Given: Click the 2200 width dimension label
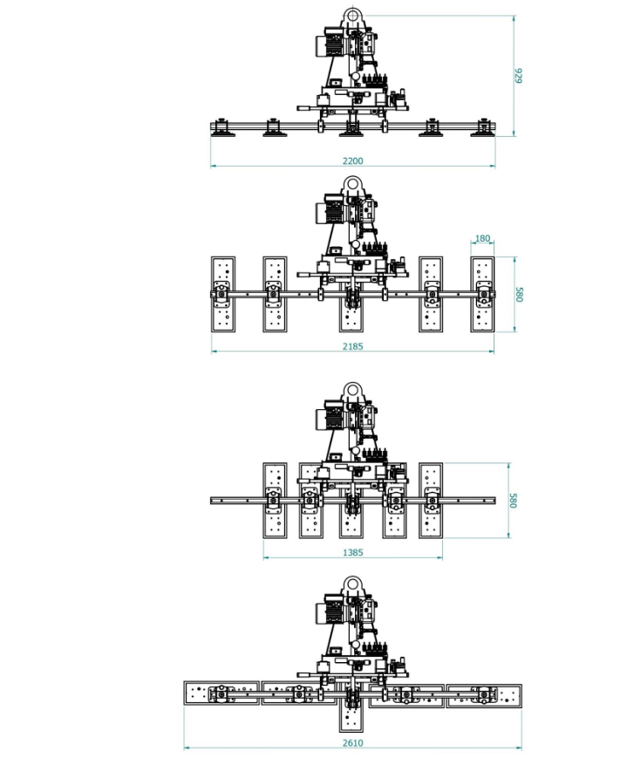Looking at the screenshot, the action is [353, 160].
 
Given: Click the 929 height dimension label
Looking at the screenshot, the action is [519, 76].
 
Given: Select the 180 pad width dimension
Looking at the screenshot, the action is [482, 238].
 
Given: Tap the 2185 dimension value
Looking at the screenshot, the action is [353, 346].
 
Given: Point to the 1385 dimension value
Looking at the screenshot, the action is [353, 552].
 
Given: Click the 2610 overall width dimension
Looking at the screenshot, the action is [353, 743].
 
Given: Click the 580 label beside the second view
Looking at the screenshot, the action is [520, 295].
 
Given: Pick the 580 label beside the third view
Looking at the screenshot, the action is [513, 501].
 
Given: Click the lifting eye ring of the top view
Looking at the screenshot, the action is [352, 16].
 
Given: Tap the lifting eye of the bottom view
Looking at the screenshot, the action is [352, 584].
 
